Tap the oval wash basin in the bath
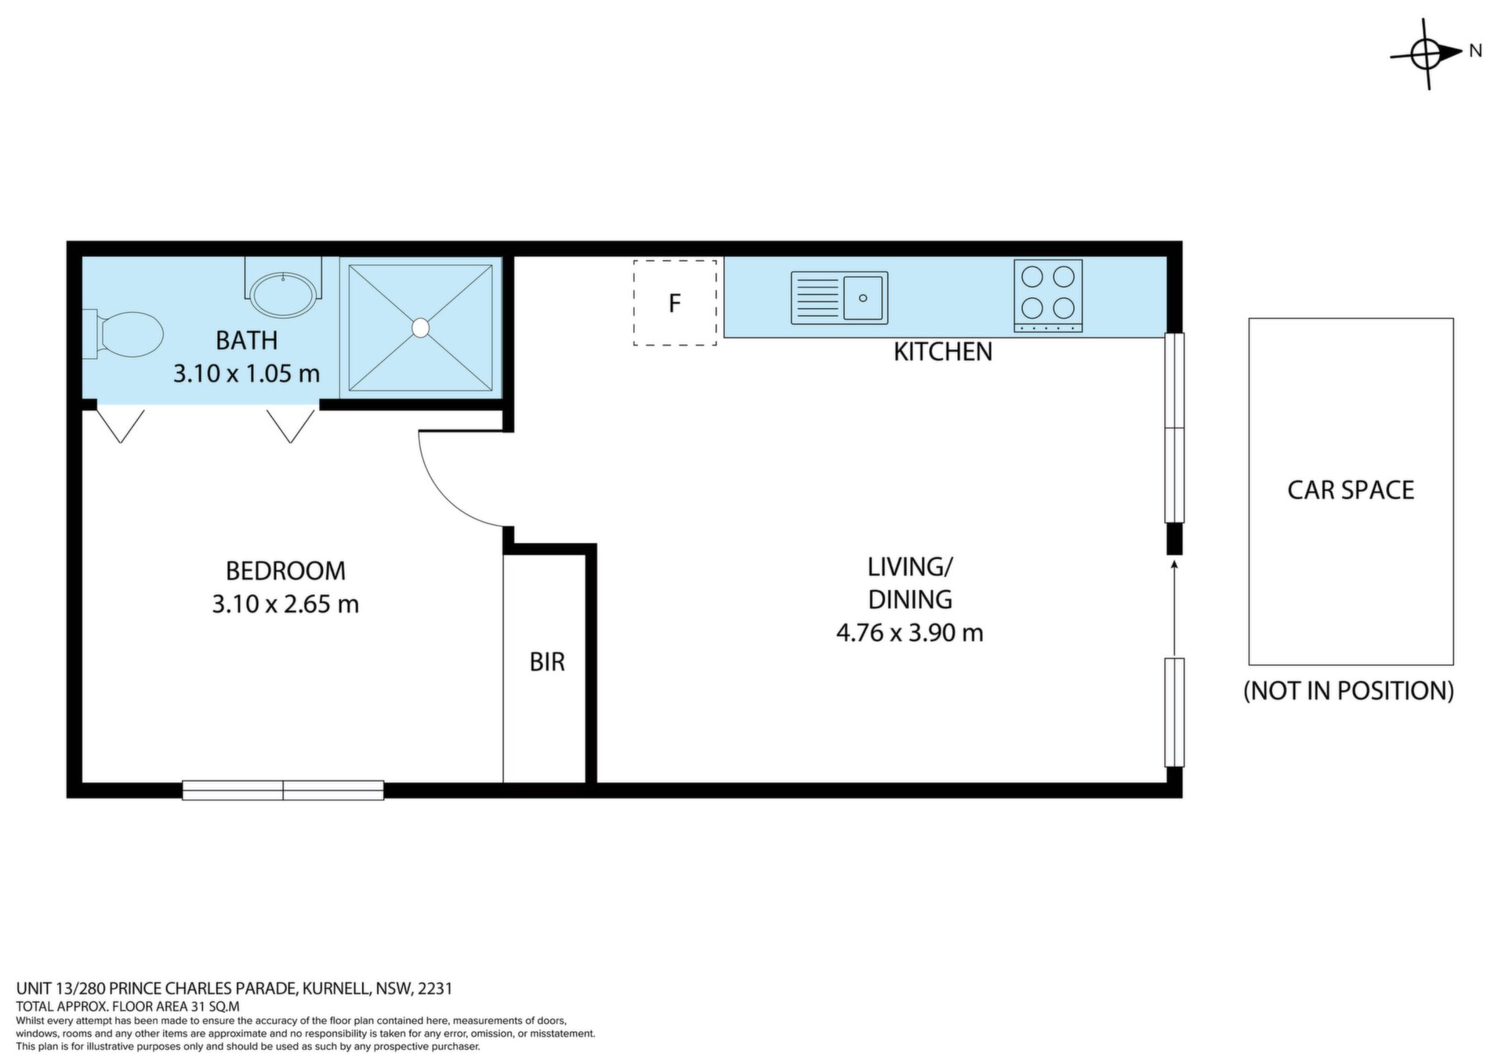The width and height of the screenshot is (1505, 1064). (x=283, y=295)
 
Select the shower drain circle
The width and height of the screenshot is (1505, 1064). (x=421, y=328)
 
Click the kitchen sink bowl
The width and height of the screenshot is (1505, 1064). (x=863, y=298)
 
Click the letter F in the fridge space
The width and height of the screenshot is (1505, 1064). (x=674, y=303)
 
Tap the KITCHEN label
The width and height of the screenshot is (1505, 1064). (x=943, y=352)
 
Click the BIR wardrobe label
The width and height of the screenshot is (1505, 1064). (x=547, y=662)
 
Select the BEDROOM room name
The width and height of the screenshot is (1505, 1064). (x=285, y=570)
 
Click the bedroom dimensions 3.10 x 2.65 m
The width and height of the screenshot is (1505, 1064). (x=285, y=604)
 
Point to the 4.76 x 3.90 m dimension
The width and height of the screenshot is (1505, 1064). (x=910, y=632)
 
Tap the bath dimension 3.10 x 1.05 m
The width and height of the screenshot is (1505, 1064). (x=246, y=373)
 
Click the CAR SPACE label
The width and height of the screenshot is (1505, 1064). (x=1351, y=490)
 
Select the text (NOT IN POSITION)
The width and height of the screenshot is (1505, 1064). (x=1349, y=690)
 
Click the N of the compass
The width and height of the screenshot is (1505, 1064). (x=1475, y=51)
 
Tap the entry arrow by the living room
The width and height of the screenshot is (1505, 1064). (x=1174, y=608)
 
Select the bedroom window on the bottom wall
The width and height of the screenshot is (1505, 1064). (x=283, y=790)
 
